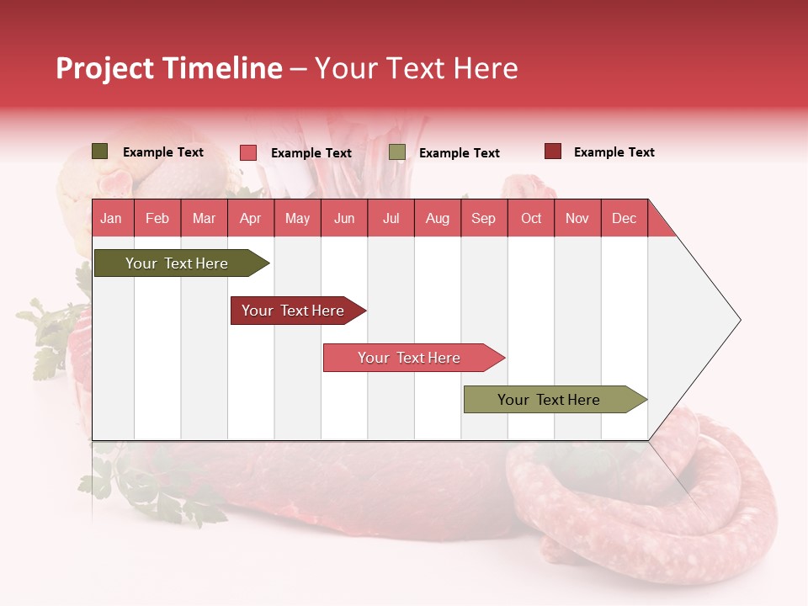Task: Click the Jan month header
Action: (x=111, y=219)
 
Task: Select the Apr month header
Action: (x=250, y=219)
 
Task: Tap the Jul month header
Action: (x=391, y=219)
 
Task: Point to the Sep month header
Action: (x=483, y=219)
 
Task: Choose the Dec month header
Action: (x=624, y=219)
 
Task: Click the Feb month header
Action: (x=157, y=219)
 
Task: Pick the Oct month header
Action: (x=531, y=219)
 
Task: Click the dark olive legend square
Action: (x=100, y=151)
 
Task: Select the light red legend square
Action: (x=248, y=152)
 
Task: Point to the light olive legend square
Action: (x=397, y=152)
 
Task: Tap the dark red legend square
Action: (x=552, y=151)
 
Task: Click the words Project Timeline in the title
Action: (x=169, y=68)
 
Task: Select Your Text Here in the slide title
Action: (x=417, y=68)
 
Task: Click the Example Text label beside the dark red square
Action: (x=614, y=152)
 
